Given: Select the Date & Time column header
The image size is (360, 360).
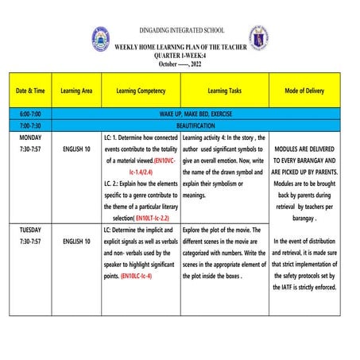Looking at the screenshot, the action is pos(30,91).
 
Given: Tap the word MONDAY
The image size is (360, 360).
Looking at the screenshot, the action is pos(30,137).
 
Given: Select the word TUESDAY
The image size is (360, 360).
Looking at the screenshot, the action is pos(30,229).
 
